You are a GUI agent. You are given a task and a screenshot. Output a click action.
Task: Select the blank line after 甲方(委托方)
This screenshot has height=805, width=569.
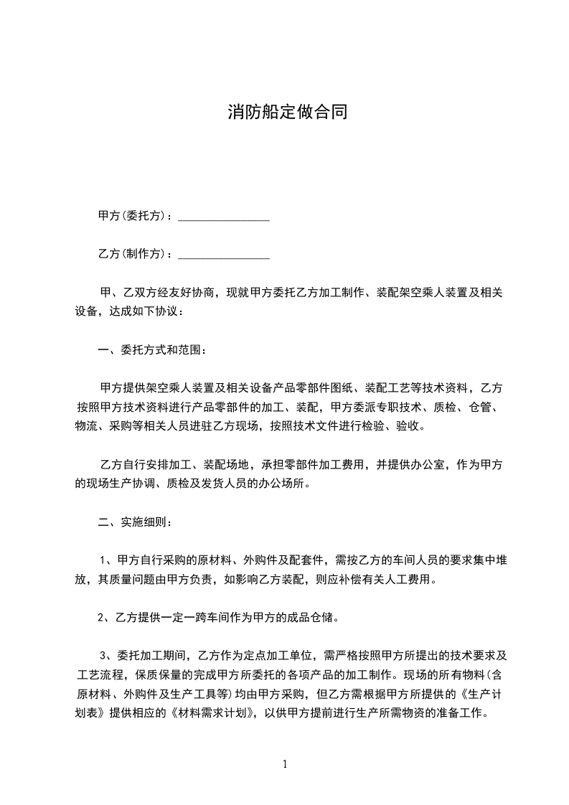point(223,218)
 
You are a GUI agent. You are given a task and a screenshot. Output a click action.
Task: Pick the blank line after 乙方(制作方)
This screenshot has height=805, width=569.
point(223,255)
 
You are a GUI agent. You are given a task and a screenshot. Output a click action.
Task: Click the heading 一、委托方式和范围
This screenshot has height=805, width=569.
point(151,351)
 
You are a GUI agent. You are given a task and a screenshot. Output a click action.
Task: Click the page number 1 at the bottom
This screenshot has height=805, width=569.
point(285,764)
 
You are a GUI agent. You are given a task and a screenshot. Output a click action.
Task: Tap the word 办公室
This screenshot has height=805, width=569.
point(430,465)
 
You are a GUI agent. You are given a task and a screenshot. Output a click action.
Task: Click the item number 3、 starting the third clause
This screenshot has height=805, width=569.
point(105,655)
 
